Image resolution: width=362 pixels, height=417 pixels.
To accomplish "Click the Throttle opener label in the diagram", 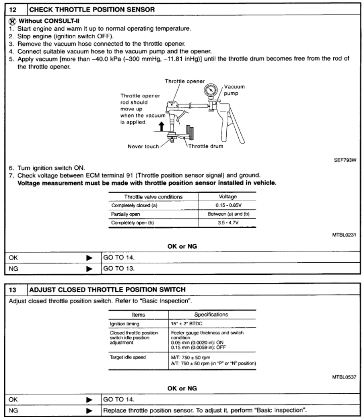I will (x=185, y=81).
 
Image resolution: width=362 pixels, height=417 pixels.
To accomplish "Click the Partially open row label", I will (x=127, y=214).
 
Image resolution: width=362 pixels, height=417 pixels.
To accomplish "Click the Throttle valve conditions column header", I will (x=153, y=197).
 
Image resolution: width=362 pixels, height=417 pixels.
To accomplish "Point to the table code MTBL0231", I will (x=344, y=234).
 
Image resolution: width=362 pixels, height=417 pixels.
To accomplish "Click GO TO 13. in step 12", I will (x=120, y=268).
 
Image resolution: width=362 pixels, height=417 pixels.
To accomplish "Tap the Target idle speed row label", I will (x=129, y=357).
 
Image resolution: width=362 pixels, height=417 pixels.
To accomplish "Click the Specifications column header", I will (x=212, y=314).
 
